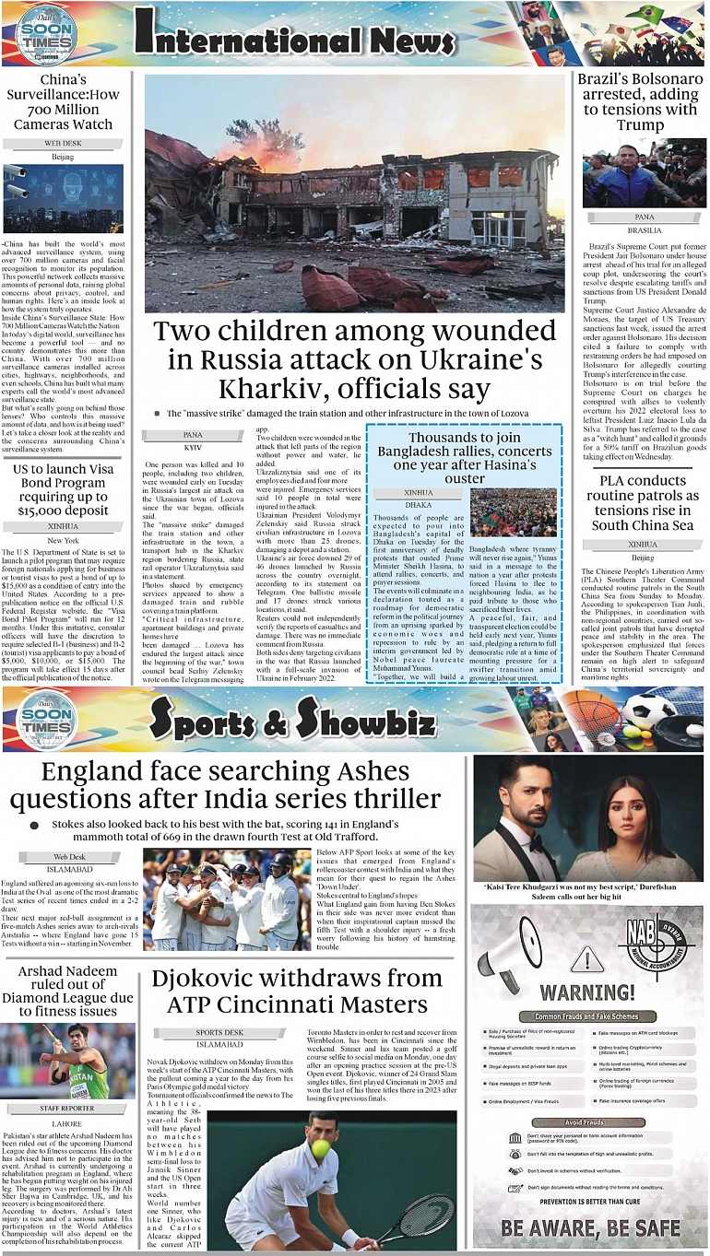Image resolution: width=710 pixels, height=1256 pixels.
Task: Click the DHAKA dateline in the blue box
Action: point(418,505)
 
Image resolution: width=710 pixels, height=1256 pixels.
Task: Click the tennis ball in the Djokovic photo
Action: point(320,1148)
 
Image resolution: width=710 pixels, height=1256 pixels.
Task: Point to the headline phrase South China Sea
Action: point(642,525)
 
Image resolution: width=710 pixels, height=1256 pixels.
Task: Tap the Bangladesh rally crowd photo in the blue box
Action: point(513,511)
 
